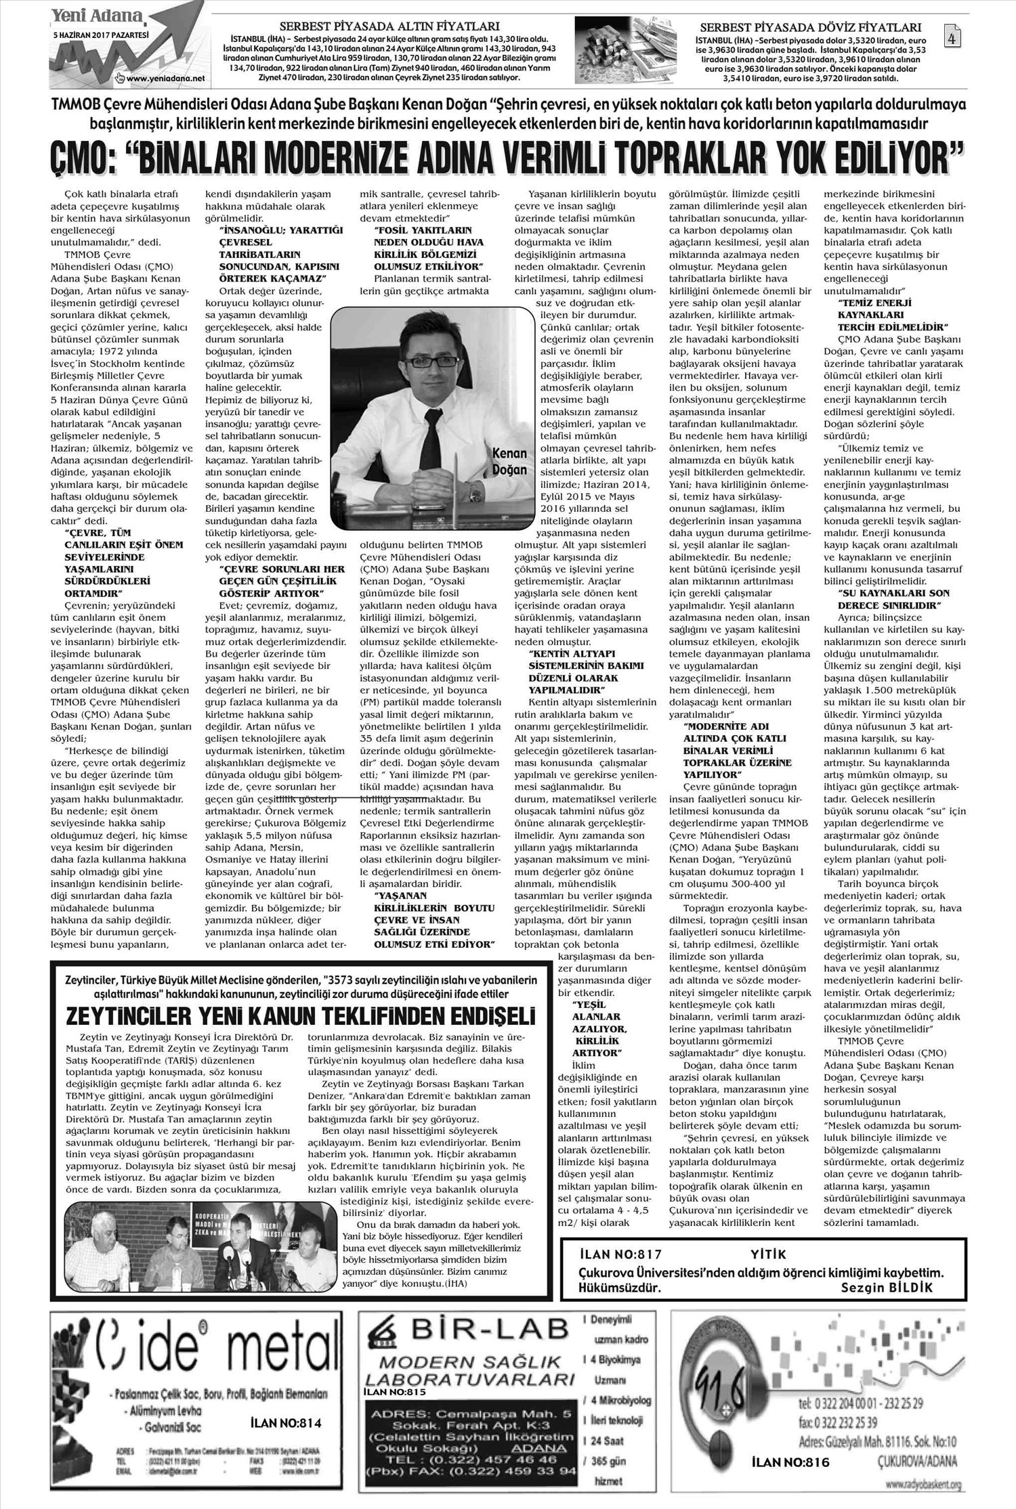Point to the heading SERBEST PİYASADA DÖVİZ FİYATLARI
(810, 28)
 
